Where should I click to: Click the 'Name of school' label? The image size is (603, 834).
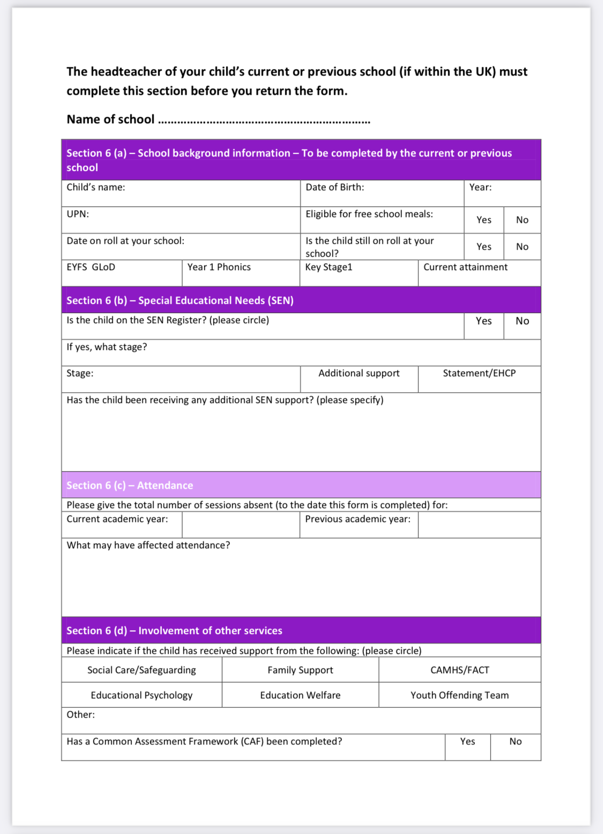click(110, 119)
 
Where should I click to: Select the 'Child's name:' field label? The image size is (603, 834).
click(96, 187)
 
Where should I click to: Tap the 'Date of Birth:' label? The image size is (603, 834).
click(334, 187)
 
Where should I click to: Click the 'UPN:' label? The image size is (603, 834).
click(78, 214)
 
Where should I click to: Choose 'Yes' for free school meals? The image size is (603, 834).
click(483, 220)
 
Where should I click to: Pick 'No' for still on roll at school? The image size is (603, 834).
click(522, 247)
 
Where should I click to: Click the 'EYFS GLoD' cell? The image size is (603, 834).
click(91, 267)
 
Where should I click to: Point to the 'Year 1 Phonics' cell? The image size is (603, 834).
click(219, 267)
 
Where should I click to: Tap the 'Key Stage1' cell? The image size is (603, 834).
click(329, 267)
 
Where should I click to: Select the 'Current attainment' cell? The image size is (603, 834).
click(465, 267)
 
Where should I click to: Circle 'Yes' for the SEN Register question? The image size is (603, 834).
click(483, 321)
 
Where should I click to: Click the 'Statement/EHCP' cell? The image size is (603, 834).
click(479, 373)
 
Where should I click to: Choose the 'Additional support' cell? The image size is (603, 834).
click(359, 373)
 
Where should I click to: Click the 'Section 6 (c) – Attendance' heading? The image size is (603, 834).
click(130, 485)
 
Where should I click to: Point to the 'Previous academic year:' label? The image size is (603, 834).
click(358, 519)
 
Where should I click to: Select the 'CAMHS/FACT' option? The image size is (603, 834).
click(459, 670)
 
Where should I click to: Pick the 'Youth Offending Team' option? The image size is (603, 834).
click(459, 695)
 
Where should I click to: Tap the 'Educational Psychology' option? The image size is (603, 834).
click(142, 695)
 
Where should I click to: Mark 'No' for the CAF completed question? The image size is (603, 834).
click(515, 741)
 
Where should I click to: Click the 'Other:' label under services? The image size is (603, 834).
click(80, 714)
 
